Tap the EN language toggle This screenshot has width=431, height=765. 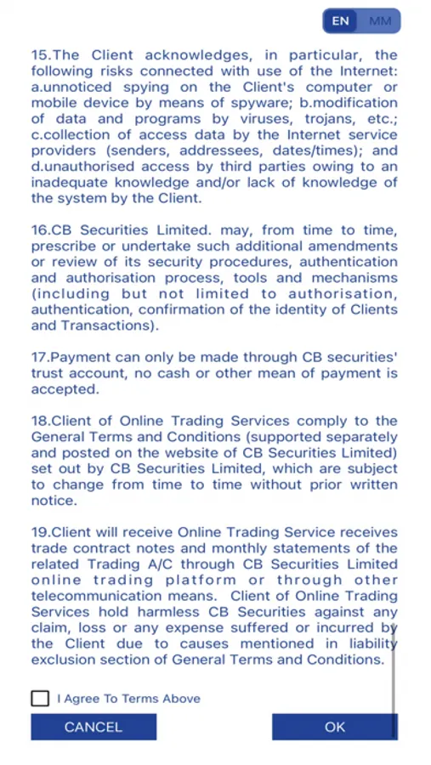coord(340,21)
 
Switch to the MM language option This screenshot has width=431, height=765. coord(380,21)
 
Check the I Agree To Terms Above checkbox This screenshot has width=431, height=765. coord(40,698)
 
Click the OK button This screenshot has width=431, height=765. coord(335,727)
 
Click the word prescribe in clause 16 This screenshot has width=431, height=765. coord(65,246)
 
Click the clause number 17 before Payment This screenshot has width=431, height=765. coord(40,358)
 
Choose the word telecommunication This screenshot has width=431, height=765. coord(91,596)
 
